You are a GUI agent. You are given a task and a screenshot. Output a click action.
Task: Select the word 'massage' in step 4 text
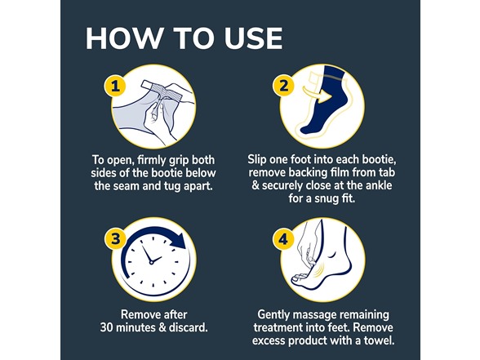(318, 314)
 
